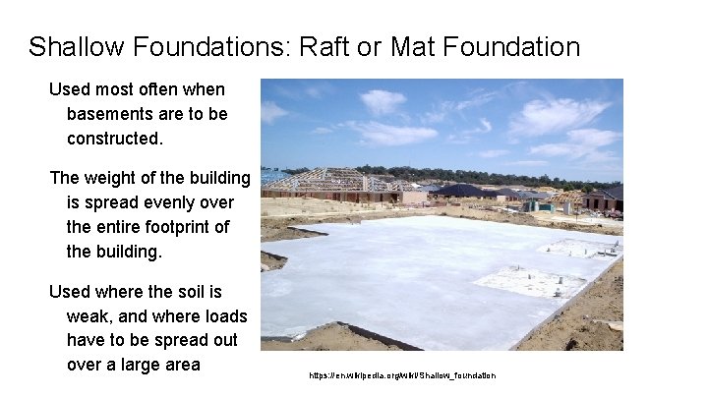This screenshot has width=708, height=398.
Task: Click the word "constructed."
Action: coord(114,139)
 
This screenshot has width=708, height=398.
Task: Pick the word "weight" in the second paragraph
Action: coord(115,178)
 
